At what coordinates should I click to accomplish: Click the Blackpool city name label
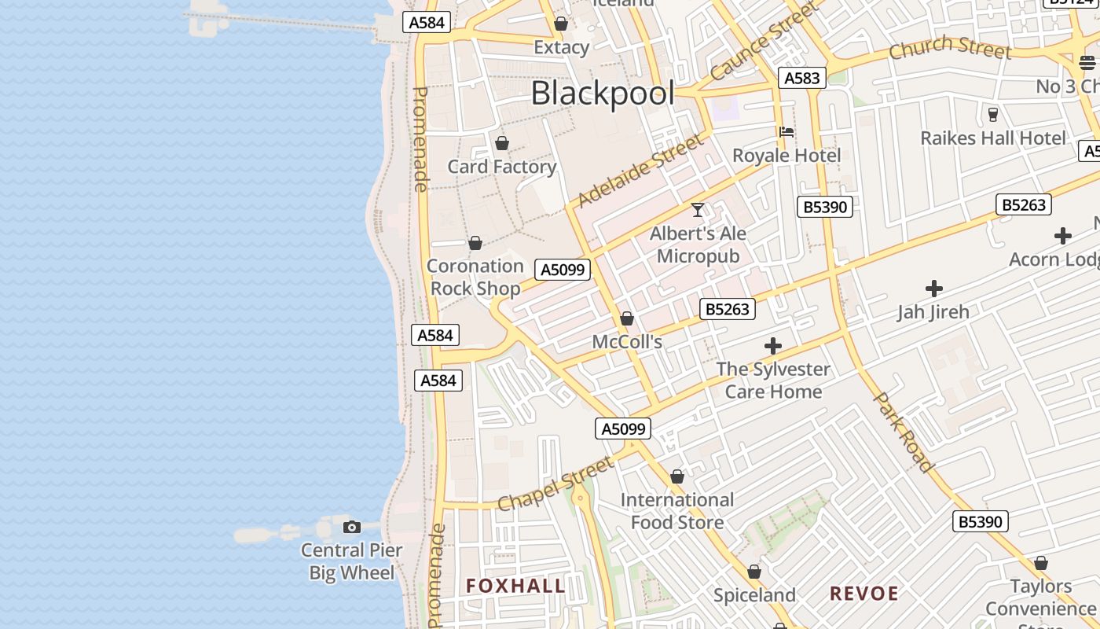click(x=603, y=94)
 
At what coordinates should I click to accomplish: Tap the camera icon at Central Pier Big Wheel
click(x=352, y=527)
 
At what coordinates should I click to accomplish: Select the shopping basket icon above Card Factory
click(x=502, y=143)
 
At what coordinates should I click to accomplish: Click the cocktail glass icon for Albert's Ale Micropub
click(x=698, y=210)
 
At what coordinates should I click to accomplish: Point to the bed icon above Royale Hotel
click(x=786, y=131)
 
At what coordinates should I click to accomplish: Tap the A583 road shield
click(x=801, y=78)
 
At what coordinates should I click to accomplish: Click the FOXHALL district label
click(x=515, y=586)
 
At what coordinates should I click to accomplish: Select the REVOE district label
click(x=864, y=594)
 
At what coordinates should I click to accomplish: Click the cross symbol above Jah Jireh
click(x=933, y=289)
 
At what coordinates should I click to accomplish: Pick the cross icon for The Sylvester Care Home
click(x=773, y=346)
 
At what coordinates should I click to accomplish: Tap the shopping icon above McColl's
click(x=627, y=318)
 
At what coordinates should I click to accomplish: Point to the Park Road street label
click(x=904, y=432)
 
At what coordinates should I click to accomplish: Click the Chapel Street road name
click(x=555, y=484)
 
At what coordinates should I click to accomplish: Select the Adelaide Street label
click(x=640, y=171)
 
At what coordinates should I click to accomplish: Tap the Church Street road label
click(x=950, y=47)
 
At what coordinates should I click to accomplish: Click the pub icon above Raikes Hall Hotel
click(x=992, y=115)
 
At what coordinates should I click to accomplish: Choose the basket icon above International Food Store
click(x=677, y=476)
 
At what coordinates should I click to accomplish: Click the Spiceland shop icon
click(x=754, y=572)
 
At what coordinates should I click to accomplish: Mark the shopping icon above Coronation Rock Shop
click(x=475, y=243)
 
